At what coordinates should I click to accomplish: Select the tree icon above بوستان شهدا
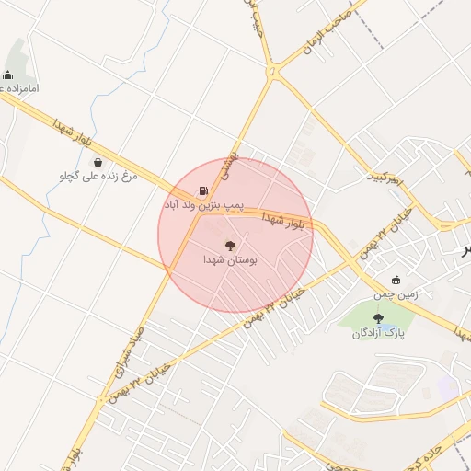coord(230,246)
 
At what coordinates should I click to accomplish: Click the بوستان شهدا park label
coord(230,261)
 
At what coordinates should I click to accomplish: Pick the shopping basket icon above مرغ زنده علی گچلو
coord(98,163)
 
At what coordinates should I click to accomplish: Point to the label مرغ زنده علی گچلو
coord(98,176)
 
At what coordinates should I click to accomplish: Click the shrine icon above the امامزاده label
coord(8,75)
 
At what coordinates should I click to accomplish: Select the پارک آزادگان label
coord(378,332)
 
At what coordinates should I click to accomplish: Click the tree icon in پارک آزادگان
coord(378,318)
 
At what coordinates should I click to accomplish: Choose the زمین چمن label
coord(396,294)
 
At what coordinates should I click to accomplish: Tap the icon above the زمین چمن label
coord(396,281)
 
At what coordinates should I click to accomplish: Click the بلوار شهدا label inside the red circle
coord(281,219)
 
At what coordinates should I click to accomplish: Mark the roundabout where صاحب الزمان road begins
coord(272,72)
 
